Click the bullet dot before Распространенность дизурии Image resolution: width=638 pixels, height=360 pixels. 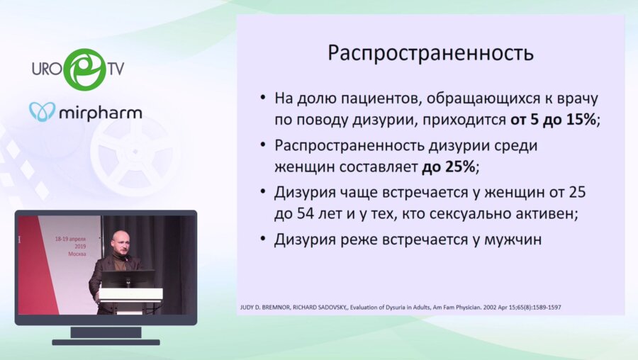[264, 145]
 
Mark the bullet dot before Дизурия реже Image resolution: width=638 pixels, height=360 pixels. [264, 240]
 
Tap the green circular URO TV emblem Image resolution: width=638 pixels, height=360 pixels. [84, 69]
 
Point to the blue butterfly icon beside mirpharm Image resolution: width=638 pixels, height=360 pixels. [43, 112]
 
